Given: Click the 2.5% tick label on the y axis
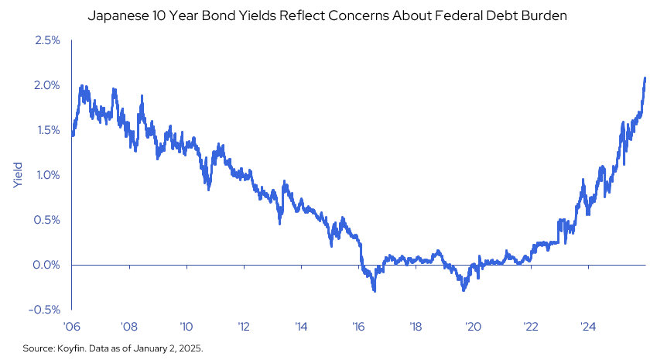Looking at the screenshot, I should pos(48,40).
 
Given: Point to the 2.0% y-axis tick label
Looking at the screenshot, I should pos(48,85).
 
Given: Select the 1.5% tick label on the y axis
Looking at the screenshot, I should pos(48,130).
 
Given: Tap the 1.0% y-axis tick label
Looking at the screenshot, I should pos(48,175).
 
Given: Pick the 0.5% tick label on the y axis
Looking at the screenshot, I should pos(48,220).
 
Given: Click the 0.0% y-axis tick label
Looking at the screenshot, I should pos(48,265).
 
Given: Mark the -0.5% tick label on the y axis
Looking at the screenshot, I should pos(46,310).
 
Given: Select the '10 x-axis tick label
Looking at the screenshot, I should pos(186,326).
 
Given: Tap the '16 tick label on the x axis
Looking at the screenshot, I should pos(358,326).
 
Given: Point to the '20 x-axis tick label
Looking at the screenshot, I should pos(473,326).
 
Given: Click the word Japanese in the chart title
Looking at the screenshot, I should pos(116,15).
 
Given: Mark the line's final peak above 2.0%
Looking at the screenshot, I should pos(645,78).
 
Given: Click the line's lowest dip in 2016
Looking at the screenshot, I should pos(375,290).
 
